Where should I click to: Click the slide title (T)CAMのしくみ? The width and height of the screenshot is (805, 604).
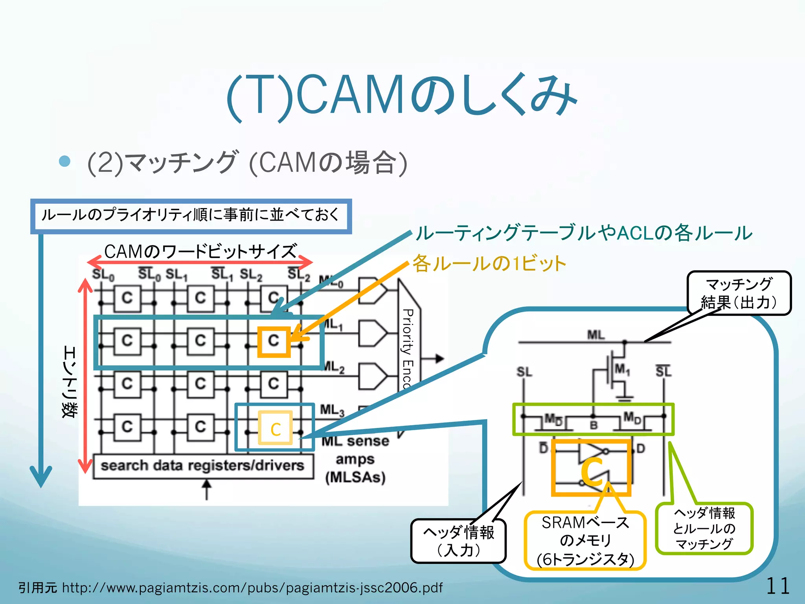402,96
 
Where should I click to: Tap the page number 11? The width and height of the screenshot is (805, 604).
777,586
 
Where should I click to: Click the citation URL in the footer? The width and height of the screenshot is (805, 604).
252,587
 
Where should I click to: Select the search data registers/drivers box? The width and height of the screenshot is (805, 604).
203,466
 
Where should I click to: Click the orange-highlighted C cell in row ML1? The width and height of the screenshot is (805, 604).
274,341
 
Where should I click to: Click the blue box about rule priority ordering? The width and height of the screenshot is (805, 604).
191,215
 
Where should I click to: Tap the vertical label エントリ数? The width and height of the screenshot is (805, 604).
70,381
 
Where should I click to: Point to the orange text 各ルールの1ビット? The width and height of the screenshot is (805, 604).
489,263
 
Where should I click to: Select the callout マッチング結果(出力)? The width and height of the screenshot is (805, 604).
739,293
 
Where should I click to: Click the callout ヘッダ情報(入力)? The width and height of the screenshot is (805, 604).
458,541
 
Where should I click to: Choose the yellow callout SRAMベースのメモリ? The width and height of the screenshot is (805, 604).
585,541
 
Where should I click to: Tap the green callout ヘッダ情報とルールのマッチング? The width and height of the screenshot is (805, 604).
704,528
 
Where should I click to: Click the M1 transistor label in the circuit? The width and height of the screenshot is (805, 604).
622,369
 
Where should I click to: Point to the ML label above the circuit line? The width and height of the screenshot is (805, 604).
596,335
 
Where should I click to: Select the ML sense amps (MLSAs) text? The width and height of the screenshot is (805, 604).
355,459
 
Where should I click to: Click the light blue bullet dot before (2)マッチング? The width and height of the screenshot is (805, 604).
64,161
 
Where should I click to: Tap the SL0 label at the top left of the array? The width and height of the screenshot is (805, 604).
103,274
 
